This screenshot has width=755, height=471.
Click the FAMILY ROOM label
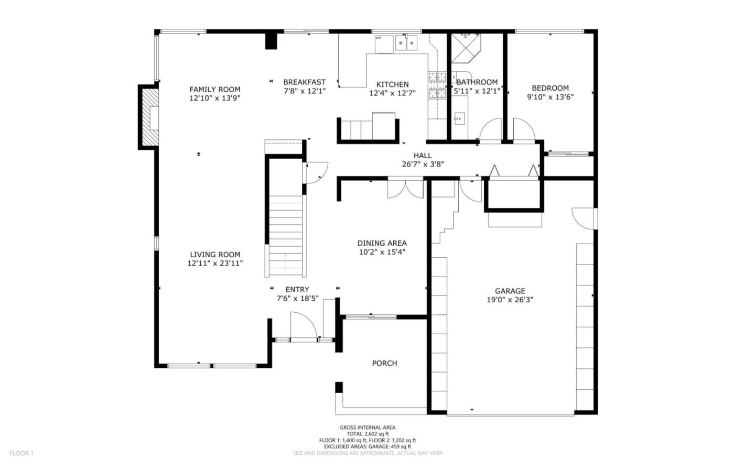(215, 89)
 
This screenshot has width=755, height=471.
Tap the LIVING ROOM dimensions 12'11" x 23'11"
(215, 263)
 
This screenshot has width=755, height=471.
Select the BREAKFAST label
(304, 82)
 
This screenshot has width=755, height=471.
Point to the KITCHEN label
(392, 84)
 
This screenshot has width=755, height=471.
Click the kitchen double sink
(406, 43)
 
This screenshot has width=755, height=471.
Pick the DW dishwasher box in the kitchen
(384, 44)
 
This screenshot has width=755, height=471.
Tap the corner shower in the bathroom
(466, 48)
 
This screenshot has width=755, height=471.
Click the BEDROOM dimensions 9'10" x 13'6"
(551, 97)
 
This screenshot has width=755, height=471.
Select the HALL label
(423, 155)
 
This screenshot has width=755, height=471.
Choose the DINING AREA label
(382, 243)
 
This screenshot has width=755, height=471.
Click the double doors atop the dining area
(405, 189)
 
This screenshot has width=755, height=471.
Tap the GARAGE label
(510, 291)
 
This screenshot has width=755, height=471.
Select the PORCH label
(385, 363)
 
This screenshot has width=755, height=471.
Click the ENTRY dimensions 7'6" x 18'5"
(298, 298)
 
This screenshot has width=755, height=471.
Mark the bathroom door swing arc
(490, 130)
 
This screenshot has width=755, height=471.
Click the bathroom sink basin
(459, 118)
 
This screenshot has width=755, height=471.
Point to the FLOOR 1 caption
(21, 453)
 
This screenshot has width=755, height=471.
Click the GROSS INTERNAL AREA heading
(368, 428)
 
